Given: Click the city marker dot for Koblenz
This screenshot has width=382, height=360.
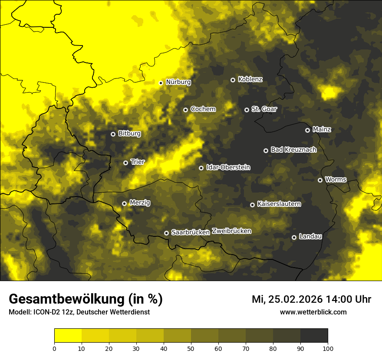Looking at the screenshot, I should pos(233,80).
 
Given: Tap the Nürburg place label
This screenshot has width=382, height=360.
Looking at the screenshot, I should pos(178,82).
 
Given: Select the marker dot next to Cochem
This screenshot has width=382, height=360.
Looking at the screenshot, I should pos(185,110).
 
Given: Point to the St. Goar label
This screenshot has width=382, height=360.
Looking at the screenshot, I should pos(264,109).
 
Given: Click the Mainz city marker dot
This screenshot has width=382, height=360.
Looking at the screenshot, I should pos(307,130).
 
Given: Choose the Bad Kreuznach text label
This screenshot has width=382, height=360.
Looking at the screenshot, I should pos(293,150).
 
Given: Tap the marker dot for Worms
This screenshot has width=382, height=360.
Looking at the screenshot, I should pos(320,180).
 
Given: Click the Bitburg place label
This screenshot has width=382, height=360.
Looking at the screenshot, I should pos(129,134).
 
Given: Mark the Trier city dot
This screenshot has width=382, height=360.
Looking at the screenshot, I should pos(125,163).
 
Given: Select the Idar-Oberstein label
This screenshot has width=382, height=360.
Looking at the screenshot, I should pos(228,167).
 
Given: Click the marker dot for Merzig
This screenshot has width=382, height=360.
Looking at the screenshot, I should pos(124,203).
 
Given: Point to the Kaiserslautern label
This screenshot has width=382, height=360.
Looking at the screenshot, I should pos(279,204).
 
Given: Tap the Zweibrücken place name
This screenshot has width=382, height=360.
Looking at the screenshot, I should pos(231,231).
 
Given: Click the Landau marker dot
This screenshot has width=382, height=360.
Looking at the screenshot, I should pos(294,237).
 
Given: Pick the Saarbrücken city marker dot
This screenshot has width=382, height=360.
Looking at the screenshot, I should pos(166,233).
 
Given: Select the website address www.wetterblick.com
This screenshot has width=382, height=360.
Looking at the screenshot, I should pos(313,312).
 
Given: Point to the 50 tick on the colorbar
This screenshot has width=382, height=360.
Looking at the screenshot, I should pos(191,348).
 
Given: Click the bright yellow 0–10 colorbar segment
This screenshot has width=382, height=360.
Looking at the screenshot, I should pos(68,336).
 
